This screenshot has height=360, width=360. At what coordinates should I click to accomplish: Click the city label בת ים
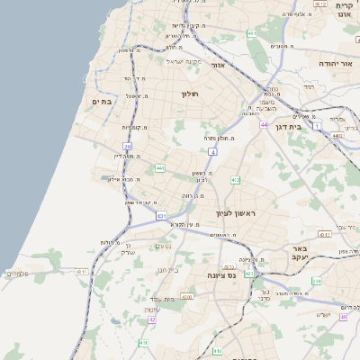100,102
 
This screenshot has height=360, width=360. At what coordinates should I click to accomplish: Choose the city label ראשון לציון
236,213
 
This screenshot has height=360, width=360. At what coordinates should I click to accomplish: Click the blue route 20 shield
128,147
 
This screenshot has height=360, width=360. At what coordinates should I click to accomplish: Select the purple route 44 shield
264,125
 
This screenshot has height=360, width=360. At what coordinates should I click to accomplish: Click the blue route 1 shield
317,127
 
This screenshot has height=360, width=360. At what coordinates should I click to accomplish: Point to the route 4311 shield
82,271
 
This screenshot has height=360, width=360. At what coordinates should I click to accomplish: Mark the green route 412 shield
235,180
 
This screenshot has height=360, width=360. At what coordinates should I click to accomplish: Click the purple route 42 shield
152,319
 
